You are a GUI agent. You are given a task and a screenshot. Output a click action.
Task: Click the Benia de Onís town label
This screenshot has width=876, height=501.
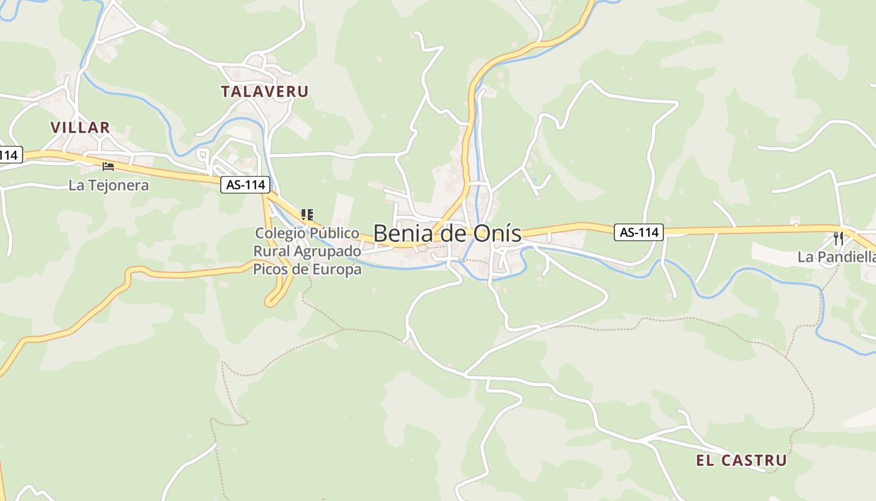pos(447,234)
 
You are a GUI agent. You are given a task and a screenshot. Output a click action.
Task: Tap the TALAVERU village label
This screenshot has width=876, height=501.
pos(265,91)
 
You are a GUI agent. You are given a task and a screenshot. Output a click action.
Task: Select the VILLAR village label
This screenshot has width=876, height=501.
pos(80,128)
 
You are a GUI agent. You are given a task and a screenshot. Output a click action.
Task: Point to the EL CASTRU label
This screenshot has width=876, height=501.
pos(741,461)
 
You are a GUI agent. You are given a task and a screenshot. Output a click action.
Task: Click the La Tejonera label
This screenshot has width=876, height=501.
pos(109,185)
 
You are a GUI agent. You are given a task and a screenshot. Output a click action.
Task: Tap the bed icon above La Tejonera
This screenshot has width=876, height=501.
pos(108,167)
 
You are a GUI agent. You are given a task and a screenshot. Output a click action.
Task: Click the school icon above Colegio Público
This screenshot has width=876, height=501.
pos(307,215)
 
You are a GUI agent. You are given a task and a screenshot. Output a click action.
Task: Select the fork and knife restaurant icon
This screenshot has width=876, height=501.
pos(838,239)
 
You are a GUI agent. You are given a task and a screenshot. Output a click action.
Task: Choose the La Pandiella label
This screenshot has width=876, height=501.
pos(836,257)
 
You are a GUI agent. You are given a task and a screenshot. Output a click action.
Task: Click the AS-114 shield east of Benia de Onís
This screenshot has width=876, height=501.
pos(638,232)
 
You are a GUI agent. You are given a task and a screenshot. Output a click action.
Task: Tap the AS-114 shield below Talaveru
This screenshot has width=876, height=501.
pos(245,185)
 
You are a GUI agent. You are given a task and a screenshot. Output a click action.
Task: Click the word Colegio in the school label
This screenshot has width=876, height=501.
pos(280,233)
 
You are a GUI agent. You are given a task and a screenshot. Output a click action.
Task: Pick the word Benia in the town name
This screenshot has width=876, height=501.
pos(402,234)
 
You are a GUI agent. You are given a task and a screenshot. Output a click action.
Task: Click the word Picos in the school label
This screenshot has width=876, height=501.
pos(269,270)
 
